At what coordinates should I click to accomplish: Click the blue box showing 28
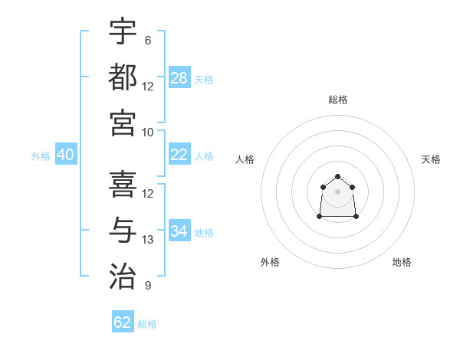point(179,77)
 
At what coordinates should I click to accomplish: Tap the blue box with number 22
point(179,155)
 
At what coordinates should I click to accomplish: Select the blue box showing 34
point(179,231)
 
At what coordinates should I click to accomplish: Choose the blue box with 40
point(66,155)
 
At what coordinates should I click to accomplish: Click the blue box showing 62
point(123,322)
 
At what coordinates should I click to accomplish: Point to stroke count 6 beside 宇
point(148,41)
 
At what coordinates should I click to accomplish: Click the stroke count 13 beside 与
point(148,240)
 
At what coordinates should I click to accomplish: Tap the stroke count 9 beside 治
point(148,286)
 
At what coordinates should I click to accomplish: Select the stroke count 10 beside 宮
point(148,133)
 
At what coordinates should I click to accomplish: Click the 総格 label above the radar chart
point(338,100)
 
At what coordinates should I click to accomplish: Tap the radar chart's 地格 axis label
point(402,262)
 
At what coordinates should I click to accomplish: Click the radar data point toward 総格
point(338,177)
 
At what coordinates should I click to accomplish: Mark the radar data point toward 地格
point(356,217)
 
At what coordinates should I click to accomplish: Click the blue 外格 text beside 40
point(41,156)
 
